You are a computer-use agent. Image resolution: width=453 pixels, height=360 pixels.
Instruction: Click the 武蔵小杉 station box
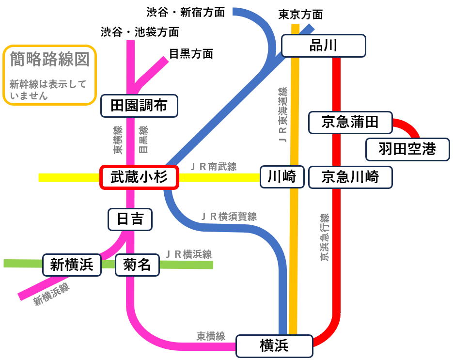click(x=139, y=178)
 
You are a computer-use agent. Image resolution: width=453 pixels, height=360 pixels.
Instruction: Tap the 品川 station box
click(x=323, y=46)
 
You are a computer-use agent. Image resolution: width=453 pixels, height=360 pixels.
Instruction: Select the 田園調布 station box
click(x=139, y=106)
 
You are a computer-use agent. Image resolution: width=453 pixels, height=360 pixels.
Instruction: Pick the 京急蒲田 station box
click(x=350, y=122)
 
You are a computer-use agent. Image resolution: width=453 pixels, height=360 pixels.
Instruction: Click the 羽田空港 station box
click(x=407, y=149)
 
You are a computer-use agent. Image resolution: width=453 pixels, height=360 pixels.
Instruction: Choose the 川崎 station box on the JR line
click(x=282, y=177)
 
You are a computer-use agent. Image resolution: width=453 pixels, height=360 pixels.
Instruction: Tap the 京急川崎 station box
click(x=350, y=177)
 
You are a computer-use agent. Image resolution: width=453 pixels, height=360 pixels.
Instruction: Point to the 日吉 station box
click(x=130, y=219)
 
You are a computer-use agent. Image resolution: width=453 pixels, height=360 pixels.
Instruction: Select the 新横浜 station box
click(x=72, y=265)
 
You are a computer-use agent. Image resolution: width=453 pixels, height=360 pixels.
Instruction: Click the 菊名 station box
click(x=137, y=265)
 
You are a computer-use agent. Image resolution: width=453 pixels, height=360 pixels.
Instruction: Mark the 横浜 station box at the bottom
click(x=274, y=345)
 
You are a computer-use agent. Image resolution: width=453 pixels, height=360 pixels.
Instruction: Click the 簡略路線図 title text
click(x=49, y=60)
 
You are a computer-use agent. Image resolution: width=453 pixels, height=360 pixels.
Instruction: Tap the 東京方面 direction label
click(x=300, y=15)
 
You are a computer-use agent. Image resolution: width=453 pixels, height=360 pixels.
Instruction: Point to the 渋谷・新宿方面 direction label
click(x=186, y=12)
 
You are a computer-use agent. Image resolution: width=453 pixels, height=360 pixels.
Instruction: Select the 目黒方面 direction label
click(x=191, y=53)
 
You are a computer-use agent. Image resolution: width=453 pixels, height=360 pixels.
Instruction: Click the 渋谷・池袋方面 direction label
click(x=140, y=32)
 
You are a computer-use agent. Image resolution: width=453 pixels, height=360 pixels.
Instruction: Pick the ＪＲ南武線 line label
click(x=214, y=167)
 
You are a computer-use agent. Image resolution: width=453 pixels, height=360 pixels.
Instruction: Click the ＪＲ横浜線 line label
click(x=188, y=254)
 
